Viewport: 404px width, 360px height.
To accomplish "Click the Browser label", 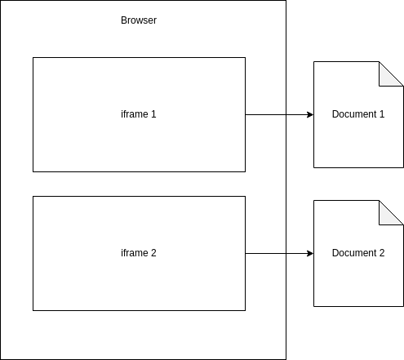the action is click(139, 20).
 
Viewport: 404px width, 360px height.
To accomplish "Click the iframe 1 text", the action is click(139, 114).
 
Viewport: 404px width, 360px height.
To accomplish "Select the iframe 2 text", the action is click(139, 253).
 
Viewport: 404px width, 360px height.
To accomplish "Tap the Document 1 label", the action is click(358, 114).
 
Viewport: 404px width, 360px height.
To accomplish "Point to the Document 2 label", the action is click(358, 253).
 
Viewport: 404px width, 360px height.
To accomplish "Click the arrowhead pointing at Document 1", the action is click(310, 114).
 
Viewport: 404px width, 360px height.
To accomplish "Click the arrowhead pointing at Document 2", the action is click(310, 253).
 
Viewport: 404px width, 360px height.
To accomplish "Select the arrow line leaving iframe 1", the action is click(279, 114).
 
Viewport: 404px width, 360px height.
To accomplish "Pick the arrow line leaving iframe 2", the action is click(279, 253).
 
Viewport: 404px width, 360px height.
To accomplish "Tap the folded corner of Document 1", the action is click(387, 78).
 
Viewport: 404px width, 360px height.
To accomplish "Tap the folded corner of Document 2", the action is click(387, 217).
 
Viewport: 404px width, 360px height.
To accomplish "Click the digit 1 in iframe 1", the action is click(153, 114).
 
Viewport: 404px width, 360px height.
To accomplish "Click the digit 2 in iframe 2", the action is click(153, 253).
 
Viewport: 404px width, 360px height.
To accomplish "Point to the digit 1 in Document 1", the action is click(382, 114).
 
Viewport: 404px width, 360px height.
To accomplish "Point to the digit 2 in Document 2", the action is click(382, 253).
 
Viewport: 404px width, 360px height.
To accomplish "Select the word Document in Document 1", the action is click(354, 114).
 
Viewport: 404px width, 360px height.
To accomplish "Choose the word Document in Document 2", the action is click(354, 253).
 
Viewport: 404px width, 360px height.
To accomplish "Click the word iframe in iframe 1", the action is click(135, 114).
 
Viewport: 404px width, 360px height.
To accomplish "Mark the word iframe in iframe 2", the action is click(135, 253).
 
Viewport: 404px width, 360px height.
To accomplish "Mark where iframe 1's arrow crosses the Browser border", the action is click(286, 114).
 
